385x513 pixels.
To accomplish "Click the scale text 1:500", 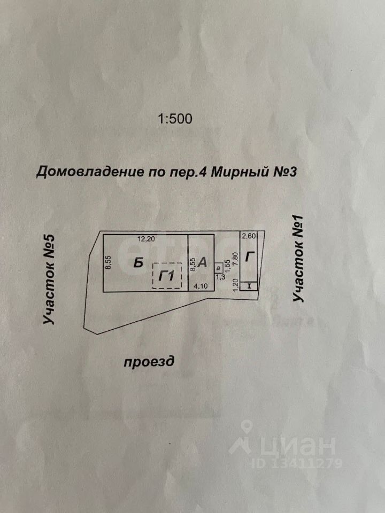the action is point(175,119).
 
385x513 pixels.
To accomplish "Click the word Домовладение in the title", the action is point(90,172).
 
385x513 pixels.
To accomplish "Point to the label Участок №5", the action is point(49,279).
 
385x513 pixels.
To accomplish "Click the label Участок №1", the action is point(298,259).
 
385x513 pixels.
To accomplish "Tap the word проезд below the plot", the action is point(149,362).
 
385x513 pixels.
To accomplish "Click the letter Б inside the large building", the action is point(138,263).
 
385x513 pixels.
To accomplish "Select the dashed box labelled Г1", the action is point(167,276).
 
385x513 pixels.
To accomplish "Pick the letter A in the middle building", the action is point(203,262).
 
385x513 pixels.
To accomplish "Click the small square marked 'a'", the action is point(218,268).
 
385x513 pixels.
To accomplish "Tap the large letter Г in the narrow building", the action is point(250,256).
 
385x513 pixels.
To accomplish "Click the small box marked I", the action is point(249,286).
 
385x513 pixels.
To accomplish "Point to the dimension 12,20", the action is point(147,239).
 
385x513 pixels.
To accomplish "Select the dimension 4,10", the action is point(200,286).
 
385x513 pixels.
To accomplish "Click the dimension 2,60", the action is point(249,236).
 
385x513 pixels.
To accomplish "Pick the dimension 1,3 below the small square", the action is point(220,277).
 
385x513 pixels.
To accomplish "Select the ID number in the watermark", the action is point(297,463).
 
